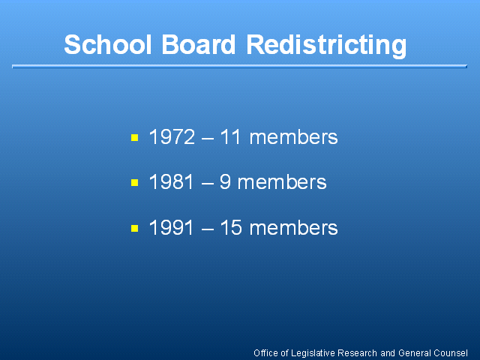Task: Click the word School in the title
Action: coord(108,45)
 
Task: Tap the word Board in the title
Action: coord(198,45)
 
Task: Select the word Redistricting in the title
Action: coord(326,46)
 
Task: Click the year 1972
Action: coord(172,136)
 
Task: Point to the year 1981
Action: coord(172,181)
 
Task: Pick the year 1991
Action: coord(172,227)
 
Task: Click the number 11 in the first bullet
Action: coord(230,136)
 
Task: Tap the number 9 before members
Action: coord(225,181)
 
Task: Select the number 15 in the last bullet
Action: coord(231,227)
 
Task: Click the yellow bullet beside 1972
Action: coord(135,137)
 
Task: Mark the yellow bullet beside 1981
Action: coord(135,183)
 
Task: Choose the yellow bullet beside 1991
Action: coord(135,228)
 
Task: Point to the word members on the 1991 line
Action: coord(293,227)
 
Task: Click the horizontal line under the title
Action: coord(239,67)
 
